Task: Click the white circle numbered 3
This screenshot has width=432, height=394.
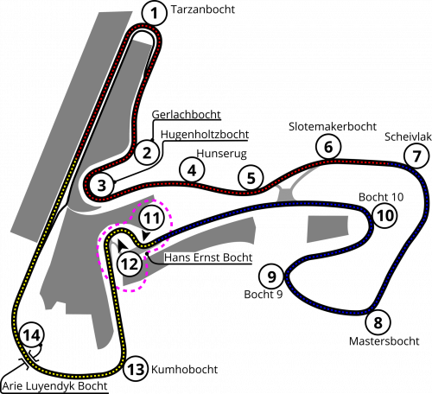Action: (101, 185)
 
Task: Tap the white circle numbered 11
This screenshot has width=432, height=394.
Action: (152, 218)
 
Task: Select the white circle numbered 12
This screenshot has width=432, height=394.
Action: (130, 264)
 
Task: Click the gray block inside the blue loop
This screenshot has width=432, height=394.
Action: (328, 228)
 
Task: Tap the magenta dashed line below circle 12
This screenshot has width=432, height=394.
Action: (130, 290)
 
